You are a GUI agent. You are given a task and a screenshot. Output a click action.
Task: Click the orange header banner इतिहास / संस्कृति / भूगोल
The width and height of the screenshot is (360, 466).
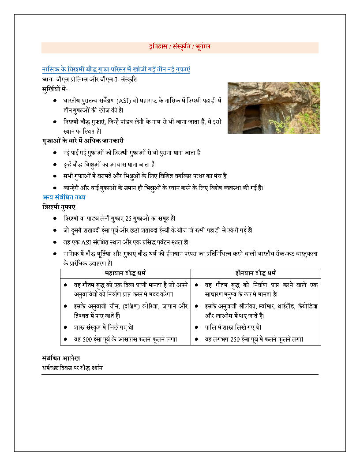pyautogui.click(x=180, y=47)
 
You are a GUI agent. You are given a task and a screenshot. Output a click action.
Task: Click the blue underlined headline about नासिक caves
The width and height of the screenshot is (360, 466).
pyautogui.click(x=116, y=69)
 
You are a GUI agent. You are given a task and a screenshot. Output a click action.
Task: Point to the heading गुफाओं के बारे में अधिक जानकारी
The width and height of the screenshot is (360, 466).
pyautogui.click(x=82, y=141)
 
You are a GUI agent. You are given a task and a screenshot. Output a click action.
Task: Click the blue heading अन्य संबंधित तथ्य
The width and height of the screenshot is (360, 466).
pyautogui.click(x=64, y=197)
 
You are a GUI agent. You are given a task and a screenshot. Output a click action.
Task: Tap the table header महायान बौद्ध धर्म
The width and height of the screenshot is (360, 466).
pyautogui.click(x=125, y=274)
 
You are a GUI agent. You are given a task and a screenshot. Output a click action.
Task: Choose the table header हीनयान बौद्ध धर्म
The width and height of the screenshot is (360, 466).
pyautogui.click(x=256, y=274)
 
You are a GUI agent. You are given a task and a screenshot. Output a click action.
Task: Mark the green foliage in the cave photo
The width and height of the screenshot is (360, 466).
pyautogui.click(x=304, y=119)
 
